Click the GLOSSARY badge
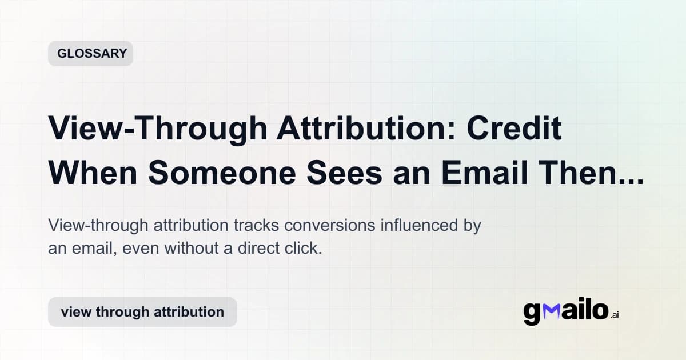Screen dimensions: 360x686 click(90, 54)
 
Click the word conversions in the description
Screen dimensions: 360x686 click(330, 226)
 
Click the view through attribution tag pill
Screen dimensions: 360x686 click(142, 312)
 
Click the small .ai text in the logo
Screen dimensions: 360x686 click(614, 315)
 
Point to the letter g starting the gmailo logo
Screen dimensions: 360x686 click(532, 314)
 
